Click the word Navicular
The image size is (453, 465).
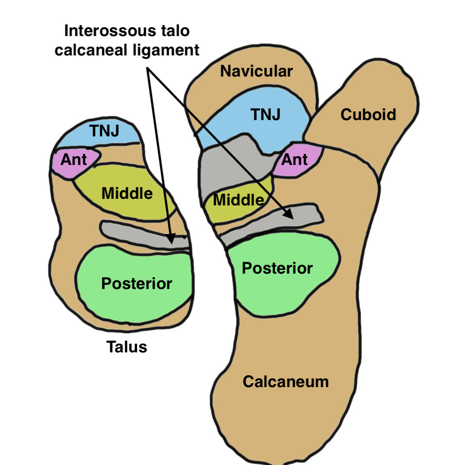pos(256,71)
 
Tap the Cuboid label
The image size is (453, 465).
pos(368,115)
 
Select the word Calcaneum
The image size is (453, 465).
pos(286,381)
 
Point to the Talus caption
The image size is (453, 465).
pos(127,348)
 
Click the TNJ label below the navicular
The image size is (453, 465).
pos(265,114)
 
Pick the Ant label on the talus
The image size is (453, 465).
pos(74,160)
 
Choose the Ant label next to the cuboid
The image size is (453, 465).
pos(294,160)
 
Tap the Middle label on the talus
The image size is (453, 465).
pos(127,194)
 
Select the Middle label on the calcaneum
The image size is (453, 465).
pos(238,201)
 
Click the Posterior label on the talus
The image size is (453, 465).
pos(137,284)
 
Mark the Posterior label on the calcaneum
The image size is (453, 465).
pos(277,268)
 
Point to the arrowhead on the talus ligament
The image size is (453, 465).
pos(171,241)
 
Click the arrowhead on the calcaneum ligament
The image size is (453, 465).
pos(289,216)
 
